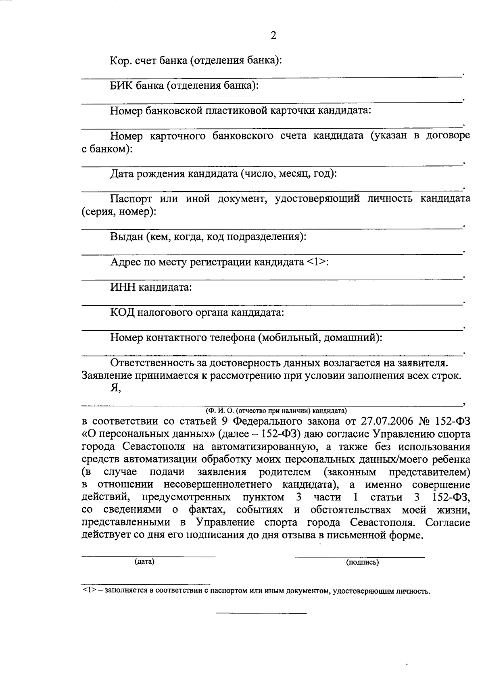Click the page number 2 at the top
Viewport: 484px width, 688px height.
click(x=273, y=36)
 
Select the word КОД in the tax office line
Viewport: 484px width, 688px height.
click(x=123, y=313)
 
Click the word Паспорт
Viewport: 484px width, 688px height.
click(x=131, y=198)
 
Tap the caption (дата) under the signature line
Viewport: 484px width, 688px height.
click(x=144, y=561)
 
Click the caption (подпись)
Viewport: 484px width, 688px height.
click(x=362, y=562)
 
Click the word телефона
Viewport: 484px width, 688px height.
click(x=230, y=338)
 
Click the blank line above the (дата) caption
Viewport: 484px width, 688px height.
click(x=148, y=557)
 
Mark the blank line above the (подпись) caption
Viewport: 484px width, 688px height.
click(x=360, y=557)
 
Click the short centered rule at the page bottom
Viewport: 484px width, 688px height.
click(x=261, y=613)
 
